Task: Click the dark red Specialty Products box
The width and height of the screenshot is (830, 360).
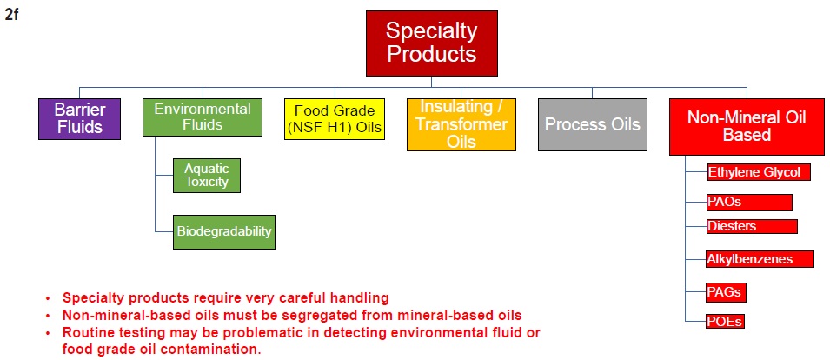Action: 431,43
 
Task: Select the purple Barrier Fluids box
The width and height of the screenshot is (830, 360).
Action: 79,119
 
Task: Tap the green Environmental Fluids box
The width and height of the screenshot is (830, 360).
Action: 203,117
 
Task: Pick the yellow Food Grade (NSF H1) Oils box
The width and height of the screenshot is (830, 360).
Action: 335,119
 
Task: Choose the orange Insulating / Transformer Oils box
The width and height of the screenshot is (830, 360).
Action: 461,124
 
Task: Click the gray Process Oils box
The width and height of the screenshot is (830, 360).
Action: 593,124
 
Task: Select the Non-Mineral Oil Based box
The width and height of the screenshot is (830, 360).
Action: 747,127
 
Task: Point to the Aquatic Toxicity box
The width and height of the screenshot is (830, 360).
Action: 207,176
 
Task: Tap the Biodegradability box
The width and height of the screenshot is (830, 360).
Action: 224,232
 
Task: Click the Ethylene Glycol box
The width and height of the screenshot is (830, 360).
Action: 759,172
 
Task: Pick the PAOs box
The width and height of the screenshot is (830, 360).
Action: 749,203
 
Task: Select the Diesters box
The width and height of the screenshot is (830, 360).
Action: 752,226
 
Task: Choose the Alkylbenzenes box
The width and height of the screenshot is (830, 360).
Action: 760,259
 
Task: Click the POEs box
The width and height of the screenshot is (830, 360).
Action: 725,322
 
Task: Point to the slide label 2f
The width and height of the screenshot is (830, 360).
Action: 11,15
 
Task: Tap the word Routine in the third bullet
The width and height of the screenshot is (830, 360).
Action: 86,333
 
